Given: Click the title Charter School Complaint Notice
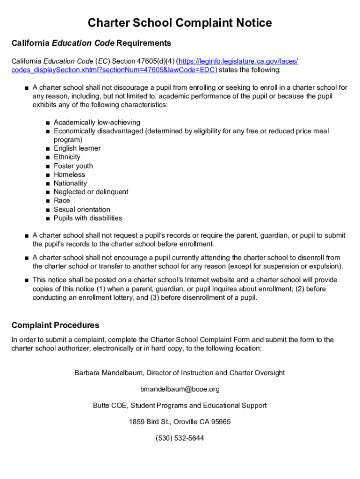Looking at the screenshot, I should pos(180,23).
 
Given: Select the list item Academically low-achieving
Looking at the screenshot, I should pos(97,123).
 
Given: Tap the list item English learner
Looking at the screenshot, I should pos(77,148).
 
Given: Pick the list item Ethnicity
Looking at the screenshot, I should pos(67,157).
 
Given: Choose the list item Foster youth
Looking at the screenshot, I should pos(73,166).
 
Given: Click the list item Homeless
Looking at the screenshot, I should pos(70,174).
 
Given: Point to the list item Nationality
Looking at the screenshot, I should pos(70,183).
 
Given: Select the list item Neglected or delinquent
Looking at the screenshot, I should pos(91,192).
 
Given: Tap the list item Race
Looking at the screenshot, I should pos(62,201).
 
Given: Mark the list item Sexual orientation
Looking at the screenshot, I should pos(82,210).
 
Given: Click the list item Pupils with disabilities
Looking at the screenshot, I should pos(88,218).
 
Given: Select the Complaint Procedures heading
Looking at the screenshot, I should pos(55,325).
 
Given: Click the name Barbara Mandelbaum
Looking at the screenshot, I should pos(108,373).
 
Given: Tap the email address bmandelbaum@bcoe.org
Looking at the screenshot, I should pos(180,389).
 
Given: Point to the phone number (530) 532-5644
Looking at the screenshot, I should pos(180,438).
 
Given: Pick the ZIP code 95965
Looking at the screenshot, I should pos(221,422).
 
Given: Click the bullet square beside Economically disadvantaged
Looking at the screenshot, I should pos(48,131).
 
